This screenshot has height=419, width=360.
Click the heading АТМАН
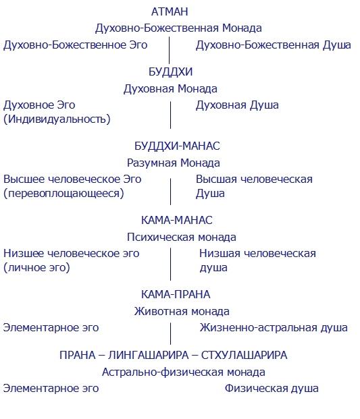coord(170,11)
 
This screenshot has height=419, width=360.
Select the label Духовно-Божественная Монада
coord(178,28)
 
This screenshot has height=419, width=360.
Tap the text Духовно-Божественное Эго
coord(75,45)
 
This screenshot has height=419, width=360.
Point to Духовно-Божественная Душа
coord(274,45)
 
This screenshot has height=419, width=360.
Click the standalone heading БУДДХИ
coord(170,72)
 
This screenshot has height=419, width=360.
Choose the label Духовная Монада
coord(170,88)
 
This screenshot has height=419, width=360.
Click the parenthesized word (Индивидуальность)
coord(57,119)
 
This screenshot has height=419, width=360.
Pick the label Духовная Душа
coord(237,105)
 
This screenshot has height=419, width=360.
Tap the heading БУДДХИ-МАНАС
coord(177,146)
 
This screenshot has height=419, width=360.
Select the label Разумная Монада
coord(174,163)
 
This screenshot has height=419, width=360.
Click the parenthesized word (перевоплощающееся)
coord(63,193)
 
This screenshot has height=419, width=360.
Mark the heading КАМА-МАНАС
coord(177,221)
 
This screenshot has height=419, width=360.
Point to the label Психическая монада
coord(181,238)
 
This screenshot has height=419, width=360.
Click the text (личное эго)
coord(36,267)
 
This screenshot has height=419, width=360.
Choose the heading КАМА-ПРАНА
coord(176,294)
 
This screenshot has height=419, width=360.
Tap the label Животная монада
coord(182,312)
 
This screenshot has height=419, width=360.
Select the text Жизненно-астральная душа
coord(274,328)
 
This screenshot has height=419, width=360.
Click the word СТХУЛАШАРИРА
coord(244,356)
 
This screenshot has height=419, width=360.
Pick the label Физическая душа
coord(272,389)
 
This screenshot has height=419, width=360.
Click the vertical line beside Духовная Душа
coord(170,115)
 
